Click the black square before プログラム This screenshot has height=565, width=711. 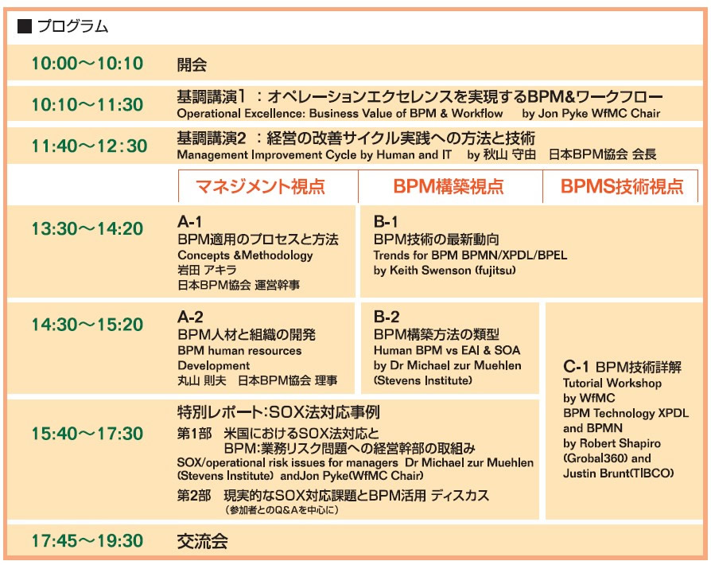pyautogui.click(x=24, y=26)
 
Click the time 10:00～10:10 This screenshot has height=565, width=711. pyautogui.click(x=87, y=64)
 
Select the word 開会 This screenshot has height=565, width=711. pyautogui.click(x=192, y=64)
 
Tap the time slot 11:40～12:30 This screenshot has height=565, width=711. pyautogui.click(x=89, y=146)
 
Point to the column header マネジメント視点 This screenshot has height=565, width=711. pyautogui.click(x=260, y=186)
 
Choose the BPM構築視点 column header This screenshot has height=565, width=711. pyautogui.click(x=449, y=186)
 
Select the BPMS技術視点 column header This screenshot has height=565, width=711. pyautogui.click(x=622, y=186)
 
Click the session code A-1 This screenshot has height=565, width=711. pyautogui.click(x=189, y=222)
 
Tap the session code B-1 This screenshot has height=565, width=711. pyautogui.click(x=386, y=222)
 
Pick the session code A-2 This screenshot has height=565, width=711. pyautogui.click(x=190, y=317)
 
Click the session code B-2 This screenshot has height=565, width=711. pyautogui.click(x=387, y=317)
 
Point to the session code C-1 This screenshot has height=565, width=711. pyautogui.click(x=576, y=366)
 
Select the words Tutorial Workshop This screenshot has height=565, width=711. pyautogui.click(x=612, y=384)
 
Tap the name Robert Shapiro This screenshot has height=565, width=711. pyautogui.click(x=620, y=443)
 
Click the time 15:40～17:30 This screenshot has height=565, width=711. pyautogui.click(x=87, y=434)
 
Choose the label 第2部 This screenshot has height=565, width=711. pyautogui.click(x=194, y=495)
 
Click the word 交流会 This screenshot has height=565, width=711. pyautogui.click(x=202, y=541)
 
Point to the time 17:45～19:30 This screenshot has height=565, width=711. pyautogui.click(x=87, y=541)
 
